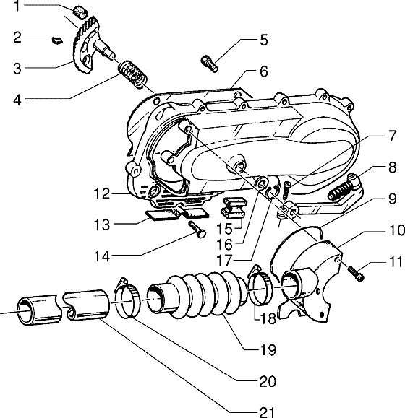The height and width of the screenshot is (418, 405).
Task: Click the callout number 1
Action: [x=17, y=6]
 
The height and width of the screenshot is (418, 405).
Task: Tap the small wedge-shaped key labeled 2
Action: [x=57, y=40]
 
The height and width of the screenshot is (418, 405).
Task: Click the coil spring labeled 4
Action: [x=133, y=74]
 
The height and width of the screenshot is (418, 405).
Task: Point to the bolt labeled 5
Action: [x=210, y=64]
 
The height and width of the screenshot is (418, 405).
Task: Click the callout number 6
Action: [x=263, y=71]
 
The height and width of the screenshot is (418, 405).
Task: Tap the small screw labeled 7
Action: [x=286, y=190]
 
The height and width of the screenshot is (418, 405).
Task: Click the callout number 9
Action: [x=392, y=199]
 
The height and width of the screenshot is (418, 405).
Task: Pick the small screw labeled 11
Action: [x=356, y=274]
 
